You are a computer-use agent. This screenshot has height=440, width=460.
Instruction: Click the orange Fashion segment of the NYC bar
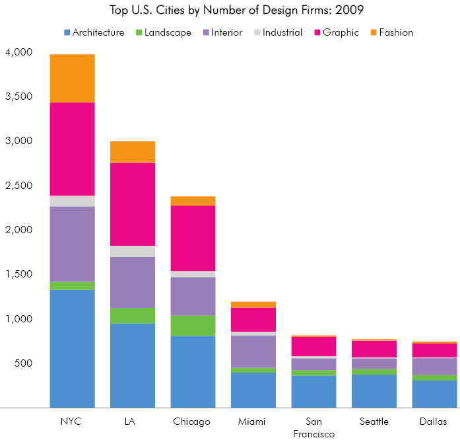point(72,78)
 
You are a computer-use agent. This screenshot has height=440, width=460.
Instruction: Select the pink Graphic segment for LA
point(133,204)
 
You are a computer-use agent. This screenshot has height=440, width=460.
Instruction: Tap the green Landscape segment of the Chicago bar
point(193,325)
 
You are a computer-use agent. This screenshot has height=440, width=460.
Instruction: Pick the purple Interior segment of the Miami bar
point(253,351)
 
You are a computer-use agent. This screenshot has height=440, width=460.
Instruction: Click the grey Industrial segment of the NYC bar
point(72,201)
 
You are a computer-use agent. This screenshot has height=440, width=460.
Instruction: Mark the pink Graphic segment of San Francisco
point(313,346)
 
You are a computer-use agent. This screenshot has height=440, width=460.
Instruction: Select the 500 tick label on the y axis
point(24,363)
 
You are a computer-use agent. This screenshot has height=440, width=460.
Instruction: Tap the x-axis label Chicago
point(193,422)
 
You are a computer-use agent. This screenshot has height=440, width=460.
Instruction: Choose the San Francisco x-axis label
point(313,427)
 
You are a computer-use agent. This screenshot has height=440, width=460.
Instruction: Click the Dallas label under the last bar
point(434,422)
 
